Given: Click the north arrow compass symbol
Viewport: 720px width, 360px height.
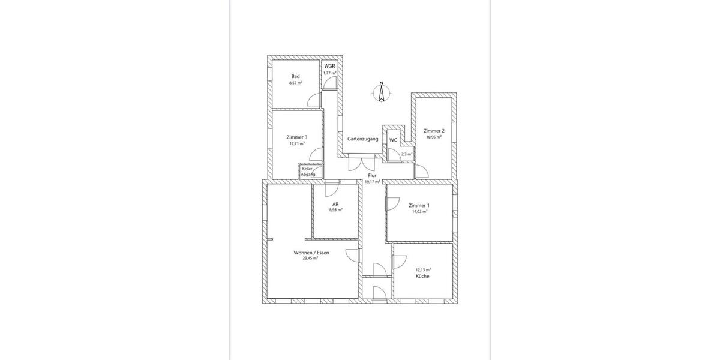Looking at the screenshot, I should click(380, 93).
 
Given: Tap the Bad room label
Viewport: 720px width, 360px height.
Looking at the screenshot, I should click(295, 76).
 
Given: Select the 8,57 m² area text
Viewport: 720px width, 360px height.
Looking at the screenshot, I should click(295, 83).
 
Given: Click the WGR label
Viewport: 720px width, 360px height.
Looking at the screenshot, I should click(329, 66).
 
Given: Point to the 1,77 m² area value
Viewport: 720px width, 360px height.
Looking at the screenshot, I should click(329, 73).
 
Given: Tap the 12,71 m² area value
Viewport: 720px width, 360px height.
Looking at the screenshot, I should click(296, 144).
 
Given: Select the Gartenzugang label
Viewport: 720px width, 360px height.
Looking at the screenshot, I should click(362, 139).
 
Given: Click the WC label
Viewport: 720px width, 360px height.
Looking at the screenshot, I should click(393, 140).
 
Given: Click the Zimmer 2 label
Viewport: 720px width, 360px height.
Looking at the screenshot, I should click(434, 131).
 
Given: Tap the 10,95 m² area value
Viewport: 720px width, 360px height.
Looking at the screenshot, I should click(434, 137).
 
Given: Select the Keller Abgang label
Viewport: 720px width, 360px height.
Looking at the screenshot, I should click(308, 172).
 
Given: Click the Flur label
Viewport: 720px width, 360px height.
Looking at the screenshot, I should click(372, 175).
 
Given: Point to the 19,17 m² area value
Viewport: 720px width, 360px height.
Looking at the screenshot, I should click(372, 181).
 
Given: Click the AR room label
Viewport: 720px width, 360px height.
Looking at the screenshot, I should click(335, 204).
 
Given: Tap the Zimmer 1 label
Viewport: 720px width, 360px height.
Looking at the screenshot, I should click(419, 205).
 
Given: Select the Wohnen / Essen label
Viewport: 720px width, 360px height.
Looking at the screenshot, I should click(311, 253).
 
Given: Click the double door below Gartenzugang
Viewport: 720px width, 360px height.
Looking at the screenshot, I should click(362, 163).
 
